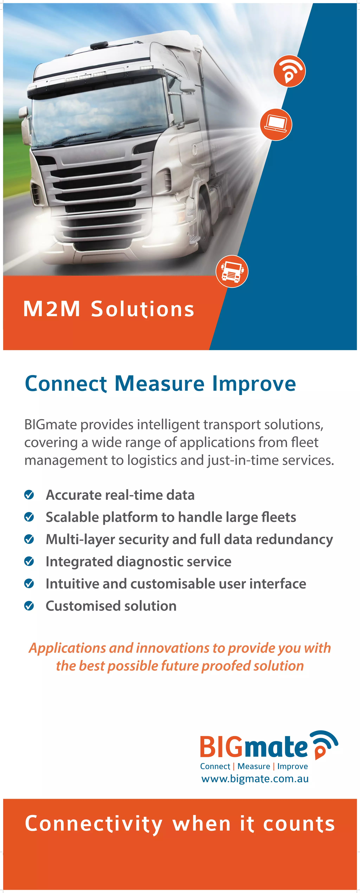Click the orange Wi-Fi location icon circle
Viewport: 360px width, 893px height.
[x=289, y=71]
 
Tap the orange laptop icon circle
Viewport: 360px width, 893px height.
[x=276, y=124]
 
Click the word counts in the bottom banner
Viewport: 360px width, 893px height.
[x=299, y=824]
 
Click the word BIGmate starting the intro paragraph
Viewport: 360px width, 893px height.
[x=51, y=424]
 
